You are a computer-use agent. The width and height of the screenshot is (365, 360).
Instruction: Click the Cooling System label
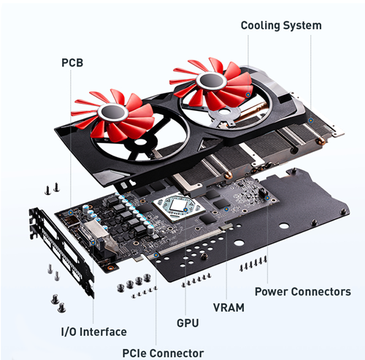pyautogui.click(x=281, y=26)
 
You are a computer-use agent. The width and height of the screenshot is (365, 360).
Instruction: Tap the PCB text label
pyautogui.click(x=72, y=63)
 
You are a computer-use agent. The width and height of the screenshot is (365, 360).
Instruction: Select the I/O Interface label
pyautogui.click(x=93, y=332)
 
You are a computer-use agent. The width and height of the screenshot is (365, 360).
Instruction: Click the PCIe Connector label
pyautogui.click(x=163, y=353)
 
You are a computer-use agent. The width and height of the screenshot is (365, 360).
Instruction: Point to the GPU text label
pyautogui.click(x=188, y=323)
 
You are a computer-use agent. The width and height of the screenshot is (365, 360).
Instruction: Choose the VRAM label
pyautogui.click(x=228, y=307)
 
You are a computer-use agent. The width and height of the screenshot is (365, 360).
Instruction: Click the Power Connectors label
pyautogui.click(x=303, y=291)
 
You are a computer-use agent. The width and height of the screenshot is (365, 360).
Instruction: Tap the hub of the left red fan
pyautogui.click(x=113, y=112)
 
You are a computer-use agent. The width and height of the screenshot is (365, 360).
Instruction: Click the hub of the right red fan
pyautogui.click(x=212, y=80)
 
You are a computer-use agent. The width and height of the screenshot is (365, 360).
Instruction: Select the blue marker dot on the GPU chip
pyautogui.click(x=185, y=210)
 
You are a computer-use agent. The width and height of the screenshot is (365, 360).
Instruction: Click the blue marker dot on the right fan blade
pyautogui.click(x=248, y=94)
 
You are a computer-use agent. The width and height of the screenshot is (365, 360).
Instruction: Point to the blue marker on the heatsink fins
pyautogui.click(x=310, y=120)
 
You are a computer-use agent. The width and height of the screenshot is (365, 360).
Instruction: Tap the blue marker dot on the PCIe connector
pyautogui.click(x=156, y=255)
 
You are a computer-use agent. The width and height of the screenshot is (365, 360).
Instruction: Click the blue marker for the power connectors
pyautogui.click(x=267, y=198)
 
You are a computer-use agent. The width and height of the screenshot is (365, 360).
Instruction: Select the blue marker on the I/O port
pyautogui.click(x=93, y=242)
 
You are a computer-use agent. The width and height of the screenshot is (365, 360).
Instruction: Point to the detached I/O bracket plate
pyautogui.click(x=61, y=250)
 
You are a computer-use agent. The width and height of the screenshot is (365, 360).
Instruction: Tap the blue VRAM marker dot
pyautogui.click(x=226, y=209)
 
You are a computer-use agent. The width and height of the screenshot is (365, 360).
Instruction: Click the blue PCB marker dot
pyautogui.click(x=71, y=212)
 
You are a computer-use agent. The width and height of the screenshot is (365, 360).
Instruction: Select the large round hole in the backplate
pyautogui.click(x=284, y=226)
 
